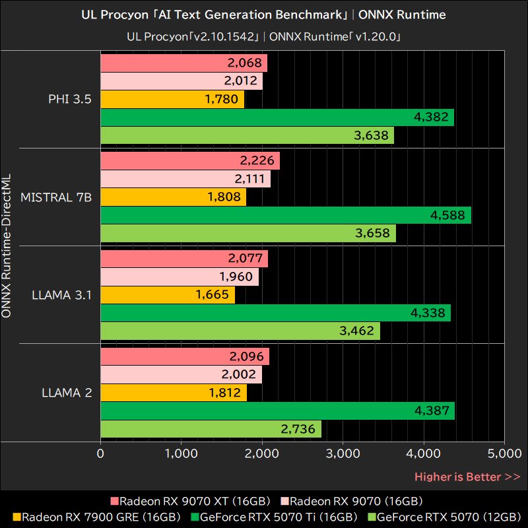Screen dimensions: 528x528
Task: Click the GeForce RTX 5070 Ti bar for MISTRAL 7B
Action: pyautogui.click(x=286, y=215)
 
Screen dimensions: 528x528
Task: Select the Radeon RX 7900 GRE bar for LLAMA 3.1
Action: pyautogui.click(x=168, y=294)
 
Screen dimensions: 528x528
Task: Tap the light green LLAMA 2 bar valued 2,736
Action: pyautogui.click(x=211, y=429)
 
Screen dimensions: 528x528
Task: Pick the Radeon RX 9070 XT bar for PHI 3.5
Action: pyautogui.click(x=184, y=63)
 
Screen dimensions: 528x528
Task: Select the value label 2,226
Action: pyautogui.click(x=257, y=160)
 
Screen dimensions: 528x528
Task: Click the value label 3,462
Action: pyautogui.click(x=357, y=331)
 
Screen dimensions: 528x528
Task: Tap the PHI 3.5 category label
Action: pyautogui.click(x=70, y=99)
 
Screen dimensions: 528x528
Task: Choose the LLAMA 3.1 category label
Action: pyautogui.click(x=61, y=294)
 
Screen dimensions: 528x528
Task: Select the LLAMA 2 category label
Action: pyautogui.click(x=67, y=393)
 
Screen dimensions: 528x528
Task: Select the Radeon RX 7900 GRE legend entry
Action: pyautogui.click(x=96, y=517)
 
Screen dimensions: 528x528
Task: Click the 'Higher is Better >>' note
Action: pyautogui.click(x=467, y=477)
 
